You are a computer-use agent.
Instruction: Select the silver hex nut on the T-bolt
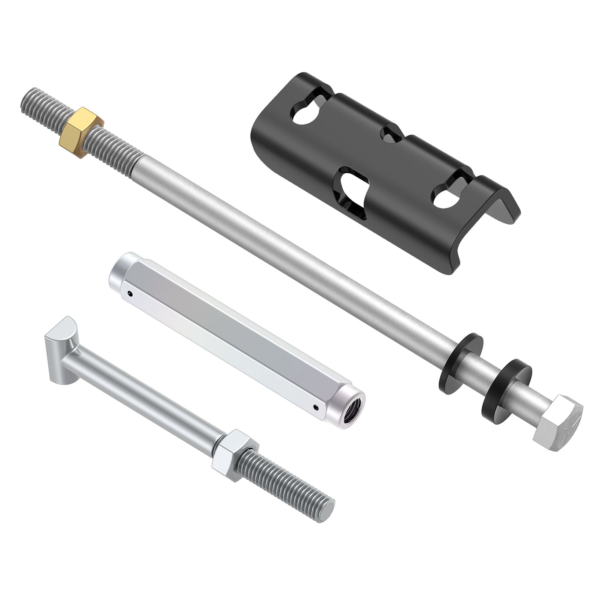click(x=234, y=454)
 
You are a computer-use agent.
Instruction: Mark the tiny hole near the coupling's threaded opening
click(x=316, y=407)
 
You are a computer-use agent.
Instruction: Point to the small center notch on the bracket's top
click(x=391, y=135)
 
